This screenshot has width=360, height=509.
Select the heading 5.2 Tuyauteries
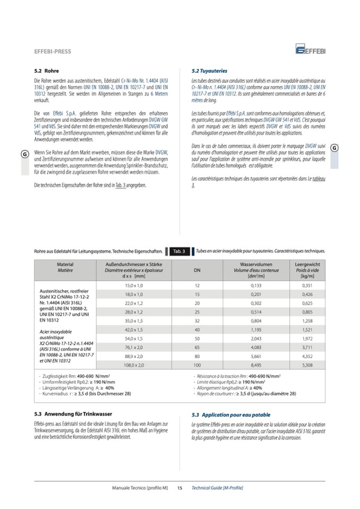pyautogui.click(x=209, y=71)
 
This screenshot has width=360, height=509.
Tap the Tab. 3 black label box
pyautogui.click(x=179, y=251)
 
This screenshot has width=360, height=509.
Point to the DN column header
pyautogui.click(x=196, y=270)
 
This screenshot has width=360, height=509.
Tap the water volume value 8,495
pyautogui.click(x=256, y=365)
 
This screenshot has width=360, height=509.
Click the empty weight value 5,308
pyautogui.click(x=307, y=365)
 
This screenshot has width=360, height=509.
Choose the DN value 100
pyautogui.click(x=196, y=365)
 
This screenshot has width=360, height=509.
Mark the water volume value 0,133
pyautogui.click(x=256, y=286)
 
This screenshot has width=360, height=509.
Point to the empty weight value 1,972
pyautogui.click(x=307, y=338)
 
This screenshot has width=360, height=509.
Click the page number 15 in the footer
pyautogui.click(x=179, y=488)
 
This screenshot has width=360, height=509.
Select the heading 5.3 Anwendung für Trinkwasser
pyautogui.click(x=71, y=414)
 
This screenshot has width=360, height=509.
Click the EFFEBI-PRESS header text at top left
pyautogui.click(x=53, y=51)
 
